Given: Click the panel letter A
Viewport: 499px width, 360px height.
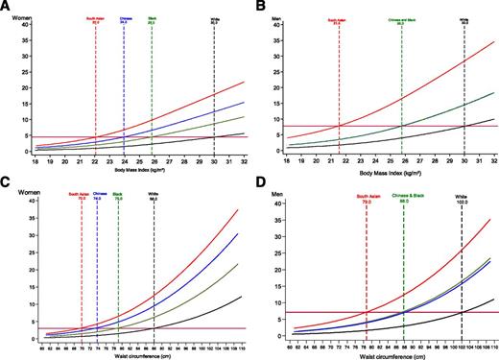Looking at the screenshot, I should [x=7, y=7].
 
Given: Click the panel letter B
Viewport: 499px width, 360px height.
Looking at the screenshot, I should [x=261, y=7].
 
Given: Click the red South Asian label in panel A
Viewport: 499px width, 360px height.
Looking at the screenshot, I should [x=96, y=19].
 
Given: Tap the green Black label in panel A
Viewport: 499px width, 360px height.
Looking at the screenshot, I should [x=152, y=19].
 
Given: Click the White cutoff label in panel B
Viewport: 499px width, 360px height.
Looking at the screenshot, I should [x=463, y=20].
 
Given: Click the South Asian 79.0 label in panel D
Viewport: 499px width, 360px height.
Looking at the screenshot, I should [x=367, y=200].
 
